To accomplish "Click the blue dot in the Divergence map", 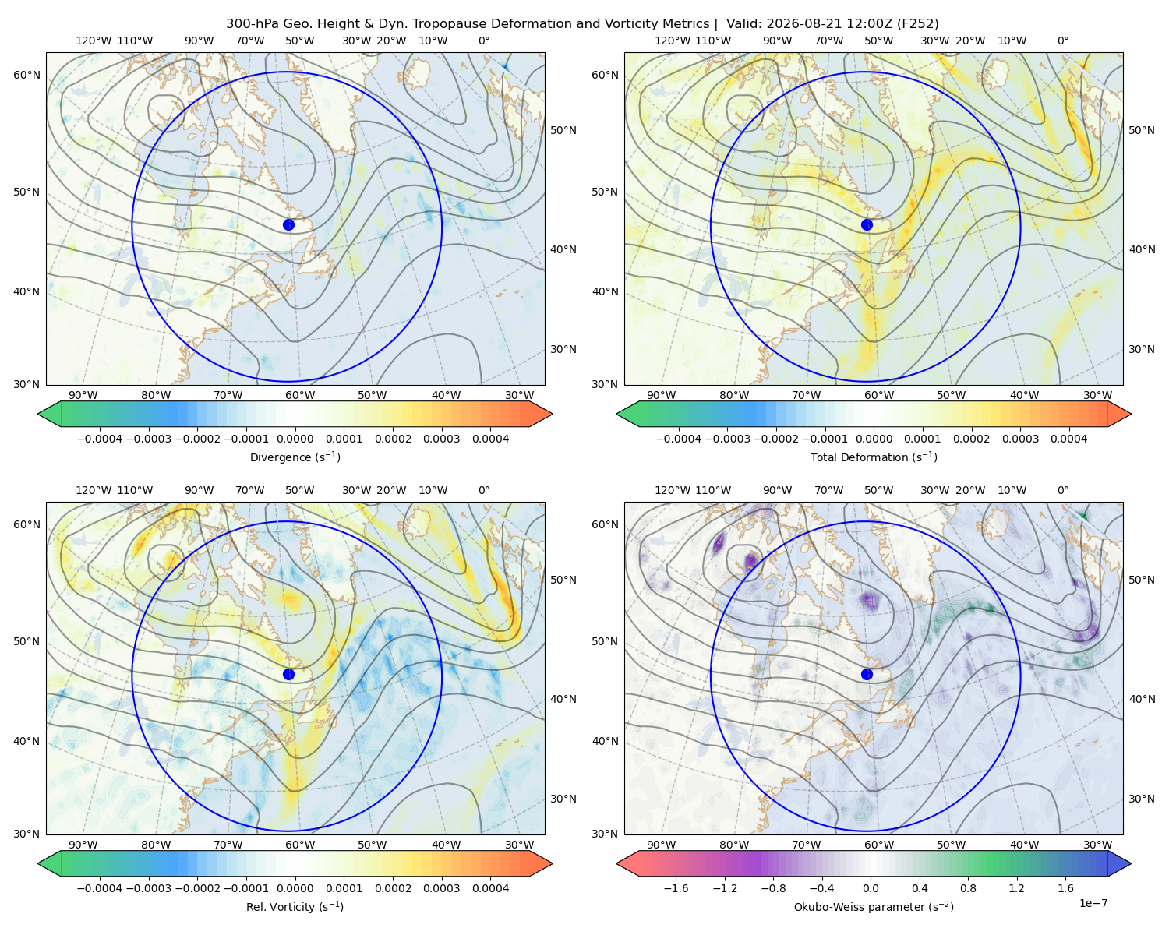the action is pos(288,225).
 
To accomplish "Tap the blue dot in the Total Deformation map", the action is pos(867,225).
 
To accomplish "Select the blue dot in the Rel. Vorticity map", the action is pos(288,674).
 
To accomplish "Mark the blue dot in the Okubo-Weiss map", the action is pos(867,674).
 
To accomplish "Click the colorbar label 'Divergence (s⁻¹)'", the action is pos(295,457).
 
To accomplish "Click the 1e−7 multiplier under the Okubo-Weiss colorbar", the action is pos(1093,903).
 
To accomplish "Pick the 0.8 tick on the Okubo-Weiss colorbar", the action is pos(968,888).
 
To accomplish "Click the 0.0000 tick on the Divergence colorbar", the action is pos(295,439).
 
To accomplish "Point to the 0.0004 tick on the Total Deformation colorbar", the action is pos(1069,439).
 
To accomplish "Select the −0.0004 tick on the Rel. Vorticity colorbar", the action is pos(100,888).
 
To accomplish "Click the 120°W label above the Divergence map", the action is pos(94,41).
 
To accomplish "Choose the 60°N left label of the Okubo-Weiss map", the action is pos(605,525).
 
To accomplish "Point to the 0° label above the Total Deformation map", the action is pos(1062,41).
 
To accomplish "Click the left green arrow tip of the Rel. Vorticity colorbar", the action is pos(38,863).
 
